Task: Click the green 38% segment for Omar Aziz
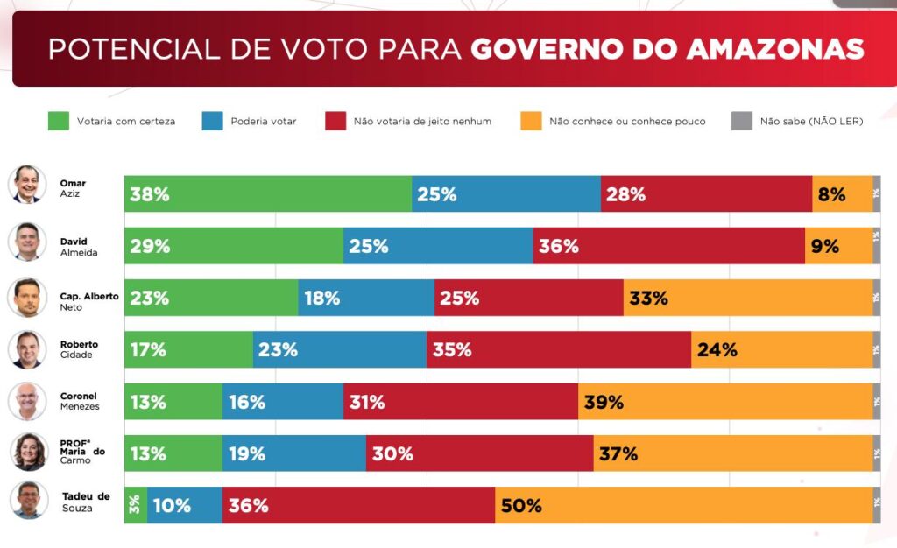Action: coord(268,194)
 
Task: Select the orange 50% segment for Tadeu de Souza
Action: coord(683,505)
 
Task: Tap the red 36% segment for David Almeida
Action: coord(668,246)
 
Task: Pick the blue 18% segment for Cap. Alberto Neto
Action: coord(366,298)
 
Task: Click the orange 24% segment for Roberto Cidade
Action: coord(781,349)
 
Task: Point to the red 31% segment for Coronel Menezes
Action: coord(461,402)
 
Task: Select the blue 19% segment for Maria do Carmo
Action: coord(293,453)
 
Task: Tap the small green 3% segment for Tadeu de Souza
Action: coord(136,505)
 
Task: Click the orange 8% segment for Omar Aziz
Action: coord(842,194)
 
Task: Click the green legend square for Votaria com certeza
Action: coord(58,121)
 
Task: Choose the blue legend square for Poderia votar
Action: coord(212,121)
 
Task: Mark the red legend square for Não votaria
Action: coord(335,121)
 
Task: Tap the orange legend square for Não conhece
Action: coord(530,121)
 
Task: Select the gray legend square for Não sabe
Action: coord(741,121)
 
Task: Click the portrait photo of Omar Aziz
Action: coord(27,185)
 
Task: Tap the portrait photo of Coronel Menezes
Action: coord(27,401)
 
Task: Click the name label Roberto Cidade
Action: coord(79,349)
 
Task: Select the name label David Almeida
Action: coord(78,246)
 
